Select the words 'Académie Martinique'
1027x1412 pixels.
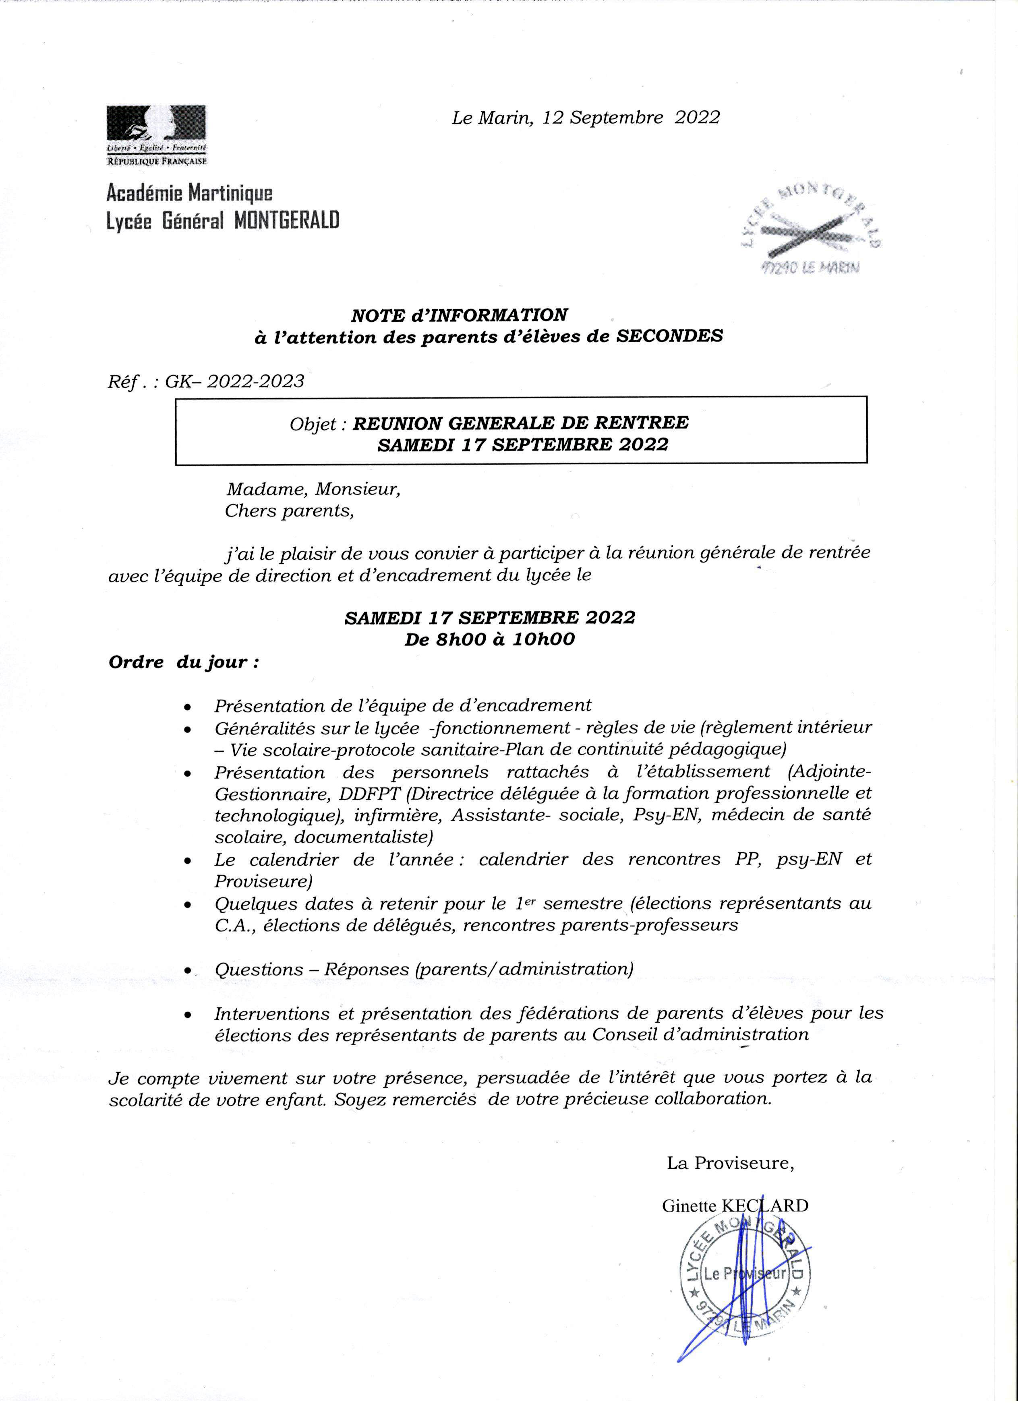coord(189,194)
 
